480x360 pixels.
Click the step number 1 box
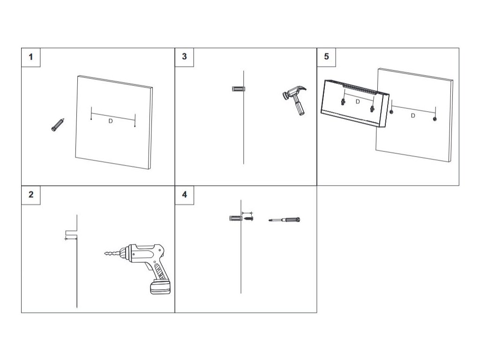point(31,57)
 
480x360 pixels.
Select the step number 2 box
point(31,195)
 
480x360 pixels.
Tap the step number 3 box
point(184,57)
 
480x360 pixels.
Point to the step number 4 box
point(184,195)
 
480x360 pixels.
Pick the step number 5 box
point(326,57)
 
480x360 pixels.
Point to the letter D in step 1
point(111,121)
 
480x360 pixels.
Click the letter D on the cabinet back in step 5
point(358,101)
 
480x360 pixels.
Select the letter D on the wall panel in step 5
point(413,115)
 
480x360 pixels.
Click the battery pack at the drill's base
point(160,287)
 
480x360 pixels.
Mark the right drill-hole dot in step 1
point(135,126)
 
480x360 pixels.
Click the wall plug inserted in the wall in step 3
point(238,89)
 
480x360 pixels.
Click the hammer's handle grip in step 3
point(298,108)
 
